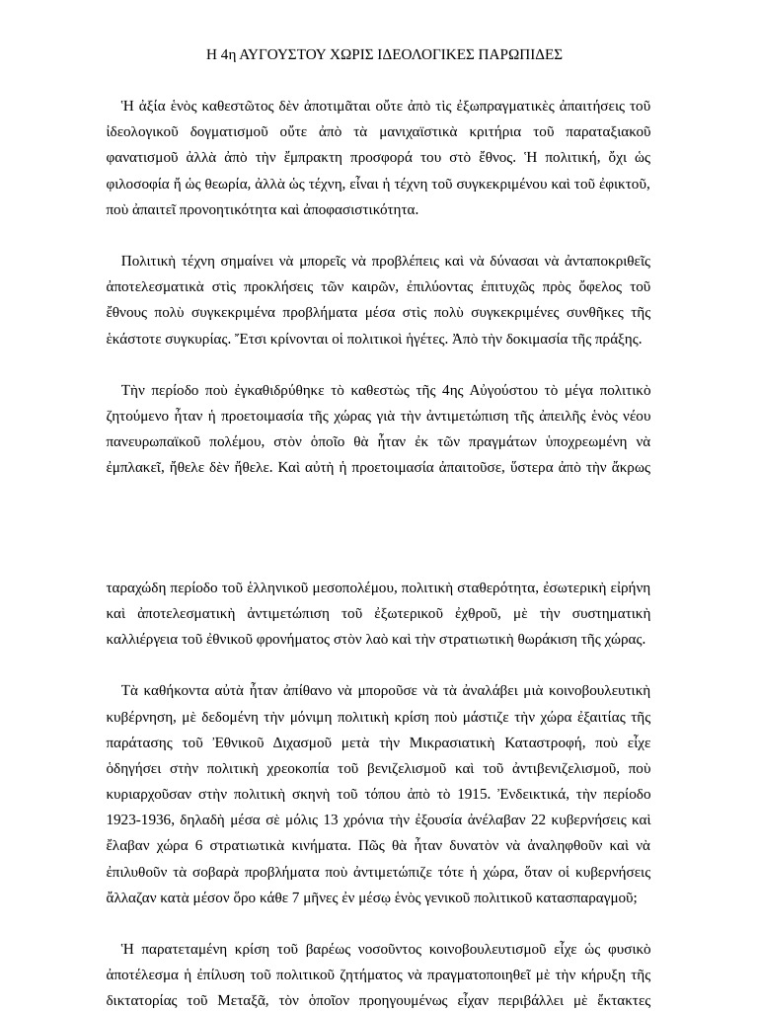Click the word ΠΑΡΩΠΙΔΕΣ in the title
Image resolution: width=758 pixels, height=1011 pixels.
520,54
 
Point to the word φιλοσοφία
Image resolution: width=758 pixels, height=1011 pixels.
135,184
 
